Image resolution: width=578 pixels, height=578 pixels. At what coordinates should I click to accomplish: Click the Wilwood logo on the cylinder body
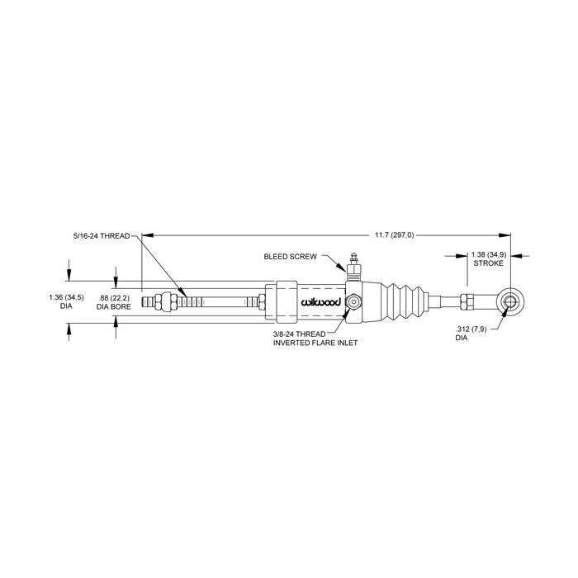[x=320, y=303]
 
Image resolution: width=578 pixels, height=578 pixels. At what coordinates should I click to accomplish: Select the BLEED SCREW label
[x=290, y=257]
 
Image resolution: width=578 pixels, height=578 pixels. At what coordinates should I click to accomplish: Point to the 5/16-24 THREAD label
[x=102, y=236]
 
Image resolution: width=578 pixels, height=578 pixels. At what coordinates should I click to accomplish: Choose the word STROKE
[x=488, y=263]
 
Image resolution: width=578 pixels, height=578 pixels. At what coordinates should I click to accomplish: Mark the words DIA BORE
[x=114, y=306]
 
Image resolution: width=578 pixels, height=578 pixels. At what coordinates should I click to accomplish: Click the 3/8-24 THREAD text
[x=299, y=334]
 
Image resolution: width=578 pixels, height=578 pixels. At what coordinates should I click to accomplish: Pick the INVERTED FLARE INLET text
[x=315, y=343]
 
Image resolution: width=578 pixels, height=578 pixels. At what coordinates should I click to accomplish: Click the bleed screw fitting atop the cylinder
[x=354, y=267]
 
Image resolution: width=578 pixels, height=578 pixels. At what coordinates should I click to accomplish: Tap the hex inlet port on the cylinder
[x=353, y=302]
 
